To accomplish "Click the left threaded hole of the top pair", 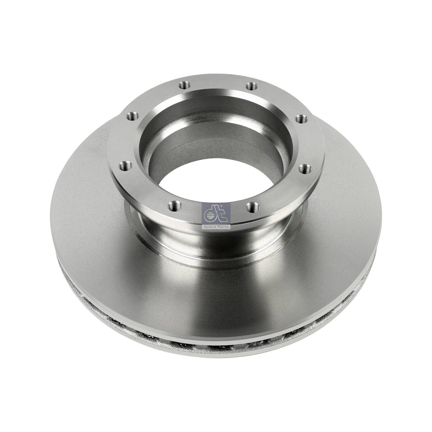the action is (x=185, y=85).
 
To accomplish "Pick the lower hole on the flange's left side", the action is (x=125, y=166).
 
